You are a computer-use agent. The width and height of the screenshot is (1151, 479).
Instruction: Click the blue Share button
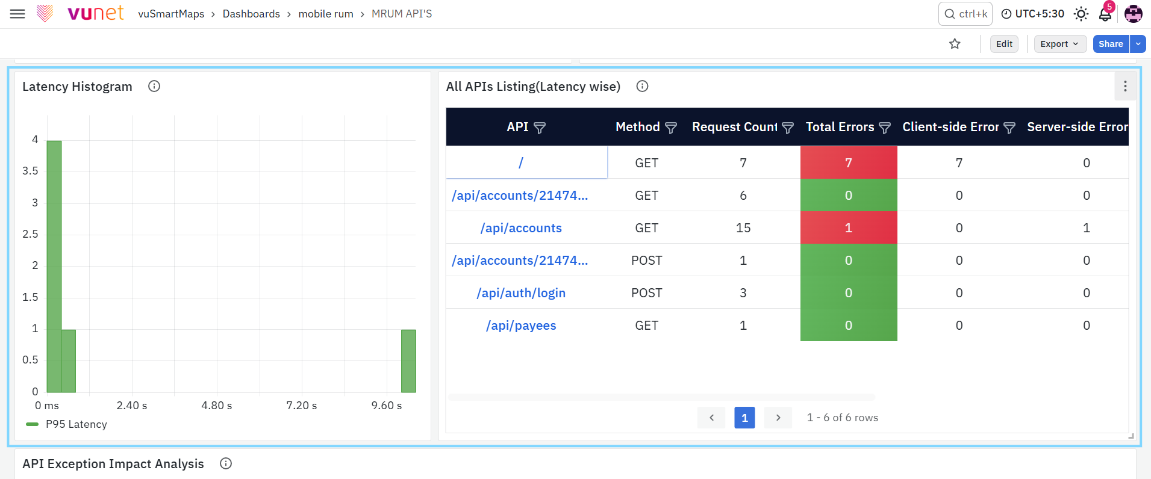click(x=1111, y=44)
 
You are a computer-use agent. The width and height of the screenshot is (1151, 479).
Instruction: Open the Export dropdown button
click(x=1060, y=44)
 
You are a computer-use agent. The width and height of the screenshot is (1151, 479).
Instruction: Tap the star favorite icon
click(x=955, y=44)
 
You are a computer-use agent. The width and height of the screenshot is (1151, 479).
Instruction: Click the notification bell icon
click(x=1105, y=14)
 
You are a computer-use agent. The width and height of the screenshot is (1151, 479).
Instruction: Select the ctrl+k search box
click(x=965, y=14)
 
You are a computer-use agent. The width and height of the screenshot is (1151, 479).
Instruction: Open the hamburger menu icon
click(x=18, y=14)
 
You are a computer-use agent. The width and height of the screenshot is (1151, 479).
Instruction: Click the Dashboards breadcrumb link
click(x=251, y=14)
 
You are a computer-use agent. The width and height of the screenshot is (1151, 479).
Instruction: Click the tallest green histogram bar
click(x=54, y=267)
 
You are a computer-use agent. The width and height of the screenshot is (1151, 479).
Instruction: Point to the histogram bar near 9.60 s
click(x=408, y=361)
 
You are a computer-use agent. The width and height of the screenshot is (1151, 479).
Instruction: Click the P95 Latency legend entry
click(x=67, y=424)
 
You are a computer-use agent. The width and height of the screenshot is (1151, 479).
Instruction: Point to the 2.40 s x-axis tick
click(x=132, y=406)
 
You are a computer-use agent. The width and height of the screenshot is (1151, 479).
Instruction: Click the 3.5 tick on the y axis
click(x=30, y=171)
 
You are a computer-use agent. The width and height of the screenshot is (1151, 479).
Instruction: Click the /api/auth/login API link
click(x=521, y=293)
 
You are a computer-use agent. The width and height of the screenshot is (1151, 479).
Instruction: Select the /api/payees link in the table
click(x=521, y=326)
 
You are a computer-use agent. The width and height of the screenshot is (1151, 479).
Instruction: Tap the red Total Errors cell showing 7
click(x=849, y=162)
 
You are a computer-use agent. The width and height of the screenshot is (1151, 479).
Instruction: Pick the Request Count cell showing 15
click(x=743, y=228)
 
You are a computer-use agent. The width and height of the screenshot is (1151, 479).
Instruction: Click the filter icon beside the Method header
click(x=671, y=128)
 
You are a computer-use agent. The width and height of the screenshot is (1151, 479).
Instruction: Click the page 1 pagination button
click(x=744, y=418)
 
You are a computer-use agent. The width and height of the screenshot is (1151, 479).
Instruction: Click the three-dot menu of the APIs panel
click(x=1125, y=86)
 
